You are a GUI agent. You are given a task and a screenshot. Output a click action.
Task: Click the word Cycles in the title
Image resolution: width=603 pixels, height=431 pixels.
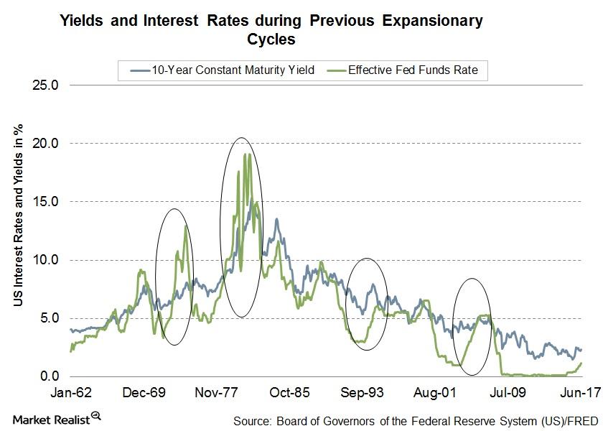[x=272, y=40]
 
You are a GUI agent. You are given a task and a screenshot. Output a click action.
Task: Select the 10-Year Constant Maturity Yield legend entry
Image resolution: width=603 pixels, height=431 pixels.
[x=219, y=70]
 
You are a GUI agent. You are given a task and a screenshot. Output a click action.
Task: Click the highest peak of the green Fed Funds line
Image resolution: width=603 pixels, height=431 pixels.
[x=246, y=154]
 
